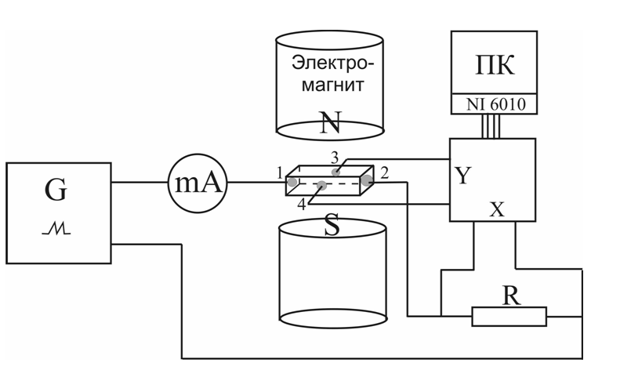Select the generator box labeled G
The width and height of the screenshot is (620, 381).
(58, 212)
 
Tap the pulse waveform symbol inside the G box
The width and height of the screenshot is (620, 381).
(57, 228)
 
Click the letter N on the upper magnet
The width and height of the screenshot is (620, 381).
(331, 122)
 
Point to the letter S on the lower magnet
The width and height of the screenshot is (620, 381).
(332, 227)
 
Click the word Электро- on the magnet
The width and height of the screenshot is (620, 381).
(332, 63)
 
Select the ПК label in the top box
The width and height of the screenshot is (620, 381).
(495, 64)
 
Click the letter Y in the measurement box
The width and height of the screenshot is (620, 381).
(462, 176)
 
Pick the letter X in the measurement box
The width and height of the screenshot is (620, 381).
(496, 209)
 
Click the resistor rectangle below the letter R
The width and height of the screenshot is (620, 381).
(509, 316)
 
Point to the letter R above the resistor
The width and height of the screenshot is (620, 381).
(510, 296)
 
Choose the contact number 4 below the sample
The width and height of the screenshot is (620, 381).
(302, 205)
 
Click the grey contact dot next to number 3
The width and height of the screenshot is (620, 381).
(336, 171)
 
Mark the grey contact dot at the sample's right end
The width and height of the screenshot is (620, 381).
(366, 181)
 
